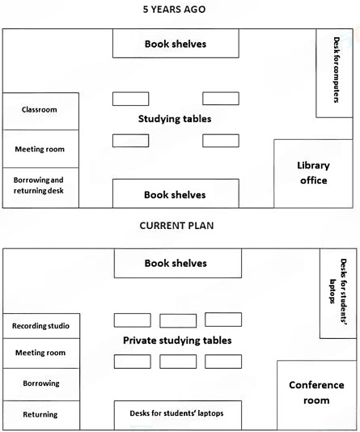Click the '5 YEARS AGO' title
coord(176,10)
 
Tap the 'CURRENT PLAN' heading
coord(176,226)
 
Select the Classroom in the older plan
coord(40,110)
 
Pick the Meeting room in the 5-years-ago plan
coord(40,149)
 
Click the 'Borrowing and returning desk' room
coord(40,186)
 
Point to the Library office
coord(313,172)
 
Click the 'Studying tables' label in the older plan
coord(175,119)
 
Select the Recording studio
coord(40,326)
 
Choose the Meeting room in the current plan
coord(40,353)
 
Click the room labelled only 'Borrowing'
coord(40,383)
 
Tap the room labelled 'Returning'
coord(40,414)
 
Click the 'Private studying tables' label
coord(177,341)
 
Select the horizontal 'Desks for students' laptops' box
coord(177,413)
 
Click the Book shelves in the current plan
coord(176,264)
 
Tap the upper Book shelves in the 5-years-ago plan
coord(175,44)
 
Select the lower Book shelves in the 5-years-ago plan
coord(175,194)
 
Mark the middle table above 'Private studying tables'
coord(178,320)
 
